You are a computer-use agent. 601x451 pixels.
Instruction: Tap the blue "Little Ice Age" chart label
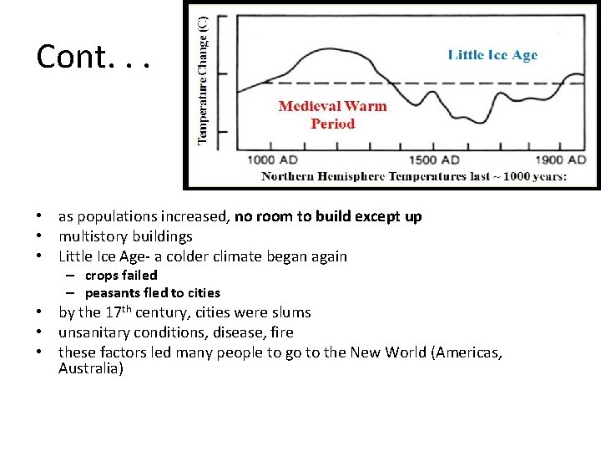[x=492, y=56]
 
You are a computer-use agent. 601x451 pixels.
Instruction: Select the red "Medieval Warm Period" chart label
[x=332, y=115]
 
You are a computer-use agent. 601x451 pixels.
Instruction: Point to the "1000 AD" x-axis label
[x=273, y=160]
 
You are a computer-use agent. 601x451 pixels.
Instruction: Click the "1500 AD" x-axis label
[x=433, y=160]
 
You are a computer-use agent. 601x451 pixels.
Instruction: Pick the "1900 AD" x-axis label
[x=560, y=160]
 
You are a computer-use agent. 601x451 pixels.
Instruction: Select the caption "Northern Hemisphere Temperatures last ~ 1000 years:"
[x=414, y=176]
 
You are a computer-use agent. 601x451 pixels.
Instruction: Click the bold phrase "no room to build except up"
[x=328, y=216]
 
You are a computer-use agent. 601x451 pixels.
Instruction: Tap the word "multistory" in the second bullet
[x=89, y=236]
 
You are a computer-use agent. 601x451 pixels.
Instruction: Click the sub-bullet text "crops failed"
[x=120, y=275]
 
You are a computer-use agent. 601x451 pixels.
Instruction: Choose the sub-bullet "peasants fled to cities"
[x=152, y=292]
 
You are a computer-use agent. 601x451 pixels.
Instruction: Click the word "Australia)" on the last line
[x=90, y=367]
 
